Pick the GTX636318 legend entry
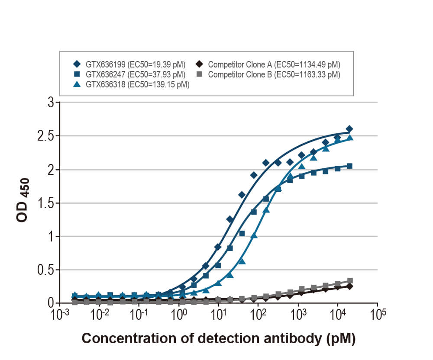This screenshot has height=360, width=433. coord(132,84)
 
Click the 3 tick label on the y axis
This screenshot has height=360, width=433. coord(51,103)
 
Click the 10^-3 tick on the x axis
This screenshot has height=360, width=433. coord(60,314)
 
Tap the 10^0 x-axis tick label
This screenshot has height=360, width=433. coord(178,314)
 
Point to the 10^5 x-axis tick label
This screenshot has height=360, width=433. coord(377,314)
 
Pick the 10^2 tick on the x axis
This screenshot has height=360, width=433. coord(258,314)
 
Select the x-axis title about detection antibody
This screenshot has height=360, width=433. coord(219,339)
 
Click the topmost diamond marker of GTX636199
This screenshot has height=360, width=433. coord(349,129)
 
